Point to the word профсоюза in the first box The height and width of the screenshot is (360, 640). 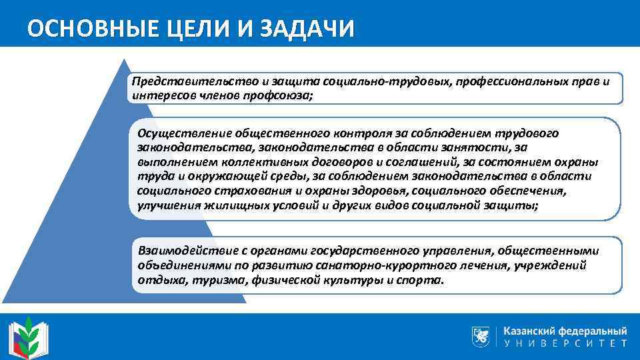coord(282,95)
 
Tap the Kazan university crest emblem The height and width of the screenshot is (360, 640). coord(481,336)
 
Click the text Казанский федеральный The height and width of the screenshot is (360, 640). coord(565,330)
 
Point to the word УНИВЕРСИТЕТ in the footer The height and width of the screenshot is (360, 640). coord(565,344)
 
